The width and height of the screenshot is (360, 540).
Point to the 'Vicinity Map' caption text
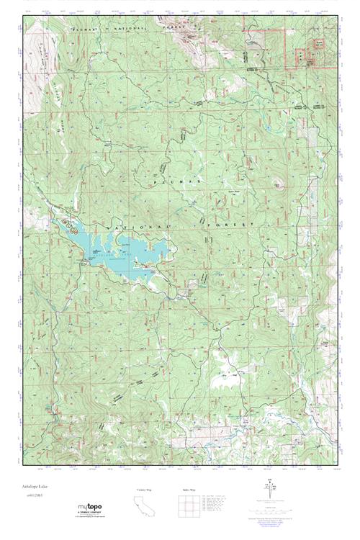pos(144,490)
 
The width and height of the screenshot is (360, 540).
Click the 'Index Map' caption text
pos(189,490)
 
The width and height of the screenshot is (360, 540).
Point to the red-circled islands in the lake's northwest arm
pos(70,225)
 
